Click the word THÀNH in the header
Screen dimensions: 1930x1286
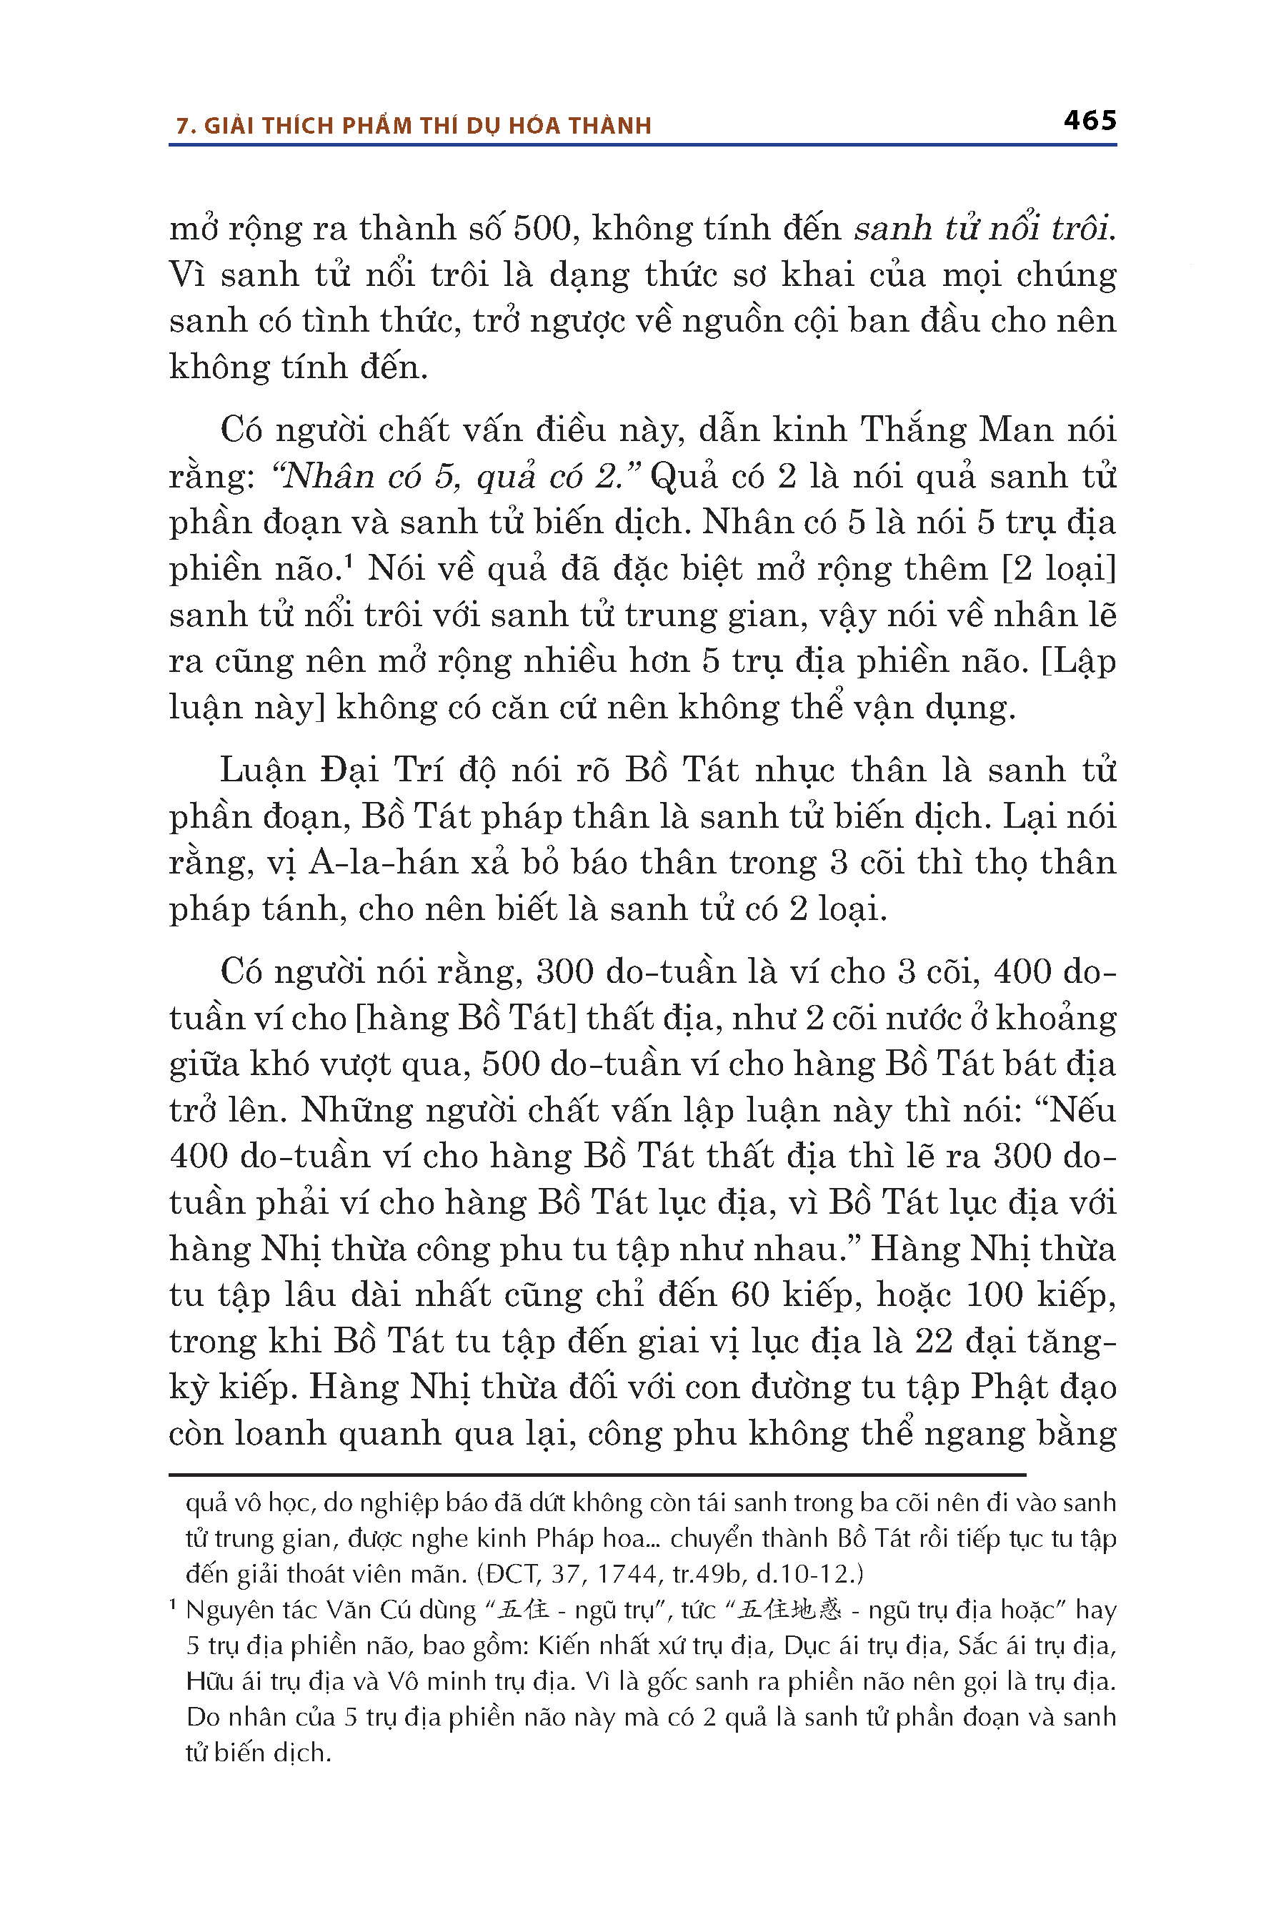(609, 126)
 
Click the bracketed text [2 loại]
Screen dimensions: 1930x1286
(1059, 569)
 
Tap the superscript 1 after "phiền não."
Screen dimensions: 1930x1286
(348, 562)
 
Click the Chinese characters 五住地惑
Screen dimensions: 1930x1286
(789, 1610)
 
